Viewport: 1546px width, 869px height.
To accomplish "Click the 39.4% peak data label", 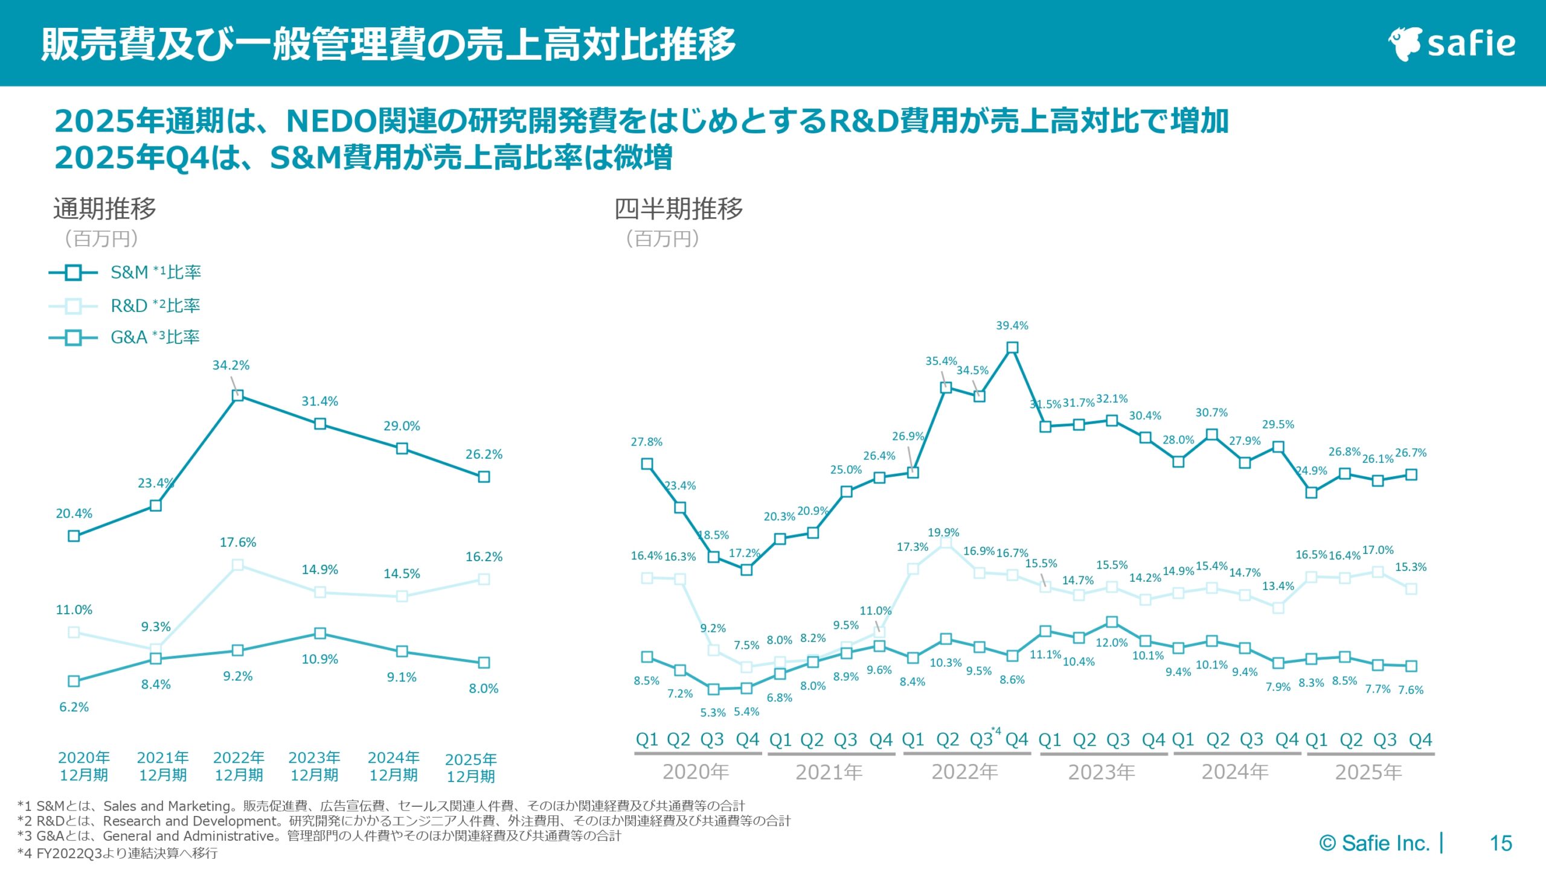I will click(x=1012, y=326).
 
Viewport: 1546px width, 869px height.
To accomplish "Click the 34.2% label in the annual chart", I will click(x=231, y=366).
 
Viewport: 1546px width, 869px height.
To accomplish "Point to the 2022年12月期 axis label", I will click(x=239, y=766).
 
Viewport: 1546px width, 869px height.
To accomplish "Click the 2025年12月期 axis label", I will click(x=471, y=768).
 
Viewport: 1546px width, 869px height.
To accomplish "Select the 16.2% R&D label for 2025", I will click(x=484, y=557).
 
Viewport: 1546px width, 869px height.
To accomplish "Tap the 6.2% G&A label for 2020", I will click(x=74, y=707).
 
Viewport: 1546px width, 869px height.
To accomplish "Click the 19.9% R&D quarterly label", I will click(x=943, y=533).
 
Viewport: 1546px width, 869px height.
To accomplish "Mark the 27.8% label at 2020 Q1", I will click(x=646, y=442).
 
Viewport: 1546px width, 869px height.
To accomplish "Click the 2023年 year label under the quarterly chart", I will click(x=1102, y=772).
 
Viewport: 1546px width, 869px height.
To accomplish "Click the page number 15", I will click(x=1501, y=843).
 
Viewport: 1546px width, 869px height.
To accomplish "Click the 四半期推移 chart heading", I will click(x=678, y=209).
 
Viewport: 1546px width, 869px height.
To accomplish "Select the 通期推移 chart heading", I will click(x=104, y=209).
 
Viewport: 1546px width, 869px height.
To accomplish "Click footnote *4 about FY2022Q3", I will click(x=118, y=853).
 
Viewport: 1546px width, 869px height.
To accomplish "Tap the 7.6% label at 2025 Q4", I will click(x=1411, y=690).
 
